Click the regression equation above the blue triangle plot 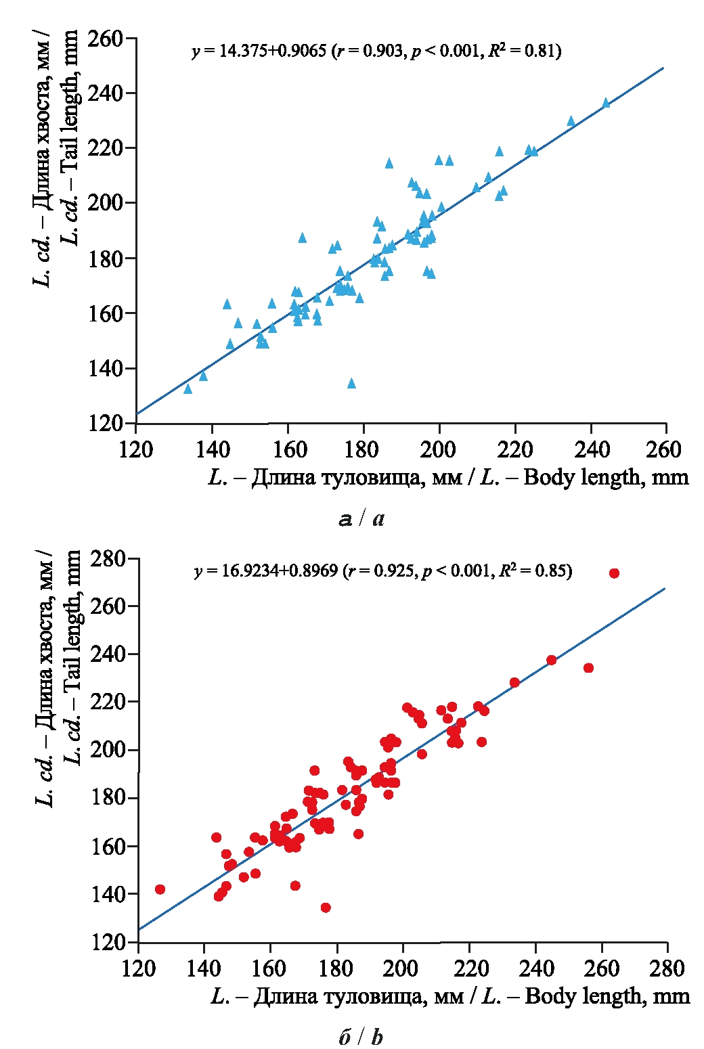(376, 51)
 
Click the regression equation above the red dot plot (383, 571)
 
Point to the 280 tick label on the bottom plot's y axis (109, 559)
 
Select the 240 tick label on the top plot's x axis (592, 449)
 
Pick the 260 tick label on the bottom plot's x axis (601, 968)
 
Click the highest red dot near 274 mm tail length (614, 573)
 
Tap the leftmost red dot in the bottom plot (160, 889)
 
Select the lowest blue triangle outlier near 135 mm (351, 384)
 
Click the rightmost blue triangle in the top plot (606, 104)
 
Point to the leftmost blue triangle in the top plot (188, 389)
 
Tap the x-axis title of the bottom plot (450, 997)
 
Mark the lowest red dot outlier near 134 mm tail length (326, 908)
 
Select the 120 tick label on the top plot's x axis (135, 449)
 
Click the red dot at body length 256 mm (588, 668)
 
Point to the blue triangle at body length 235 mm (571, 122)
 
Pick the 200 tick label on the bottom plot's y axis (109, 751)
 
